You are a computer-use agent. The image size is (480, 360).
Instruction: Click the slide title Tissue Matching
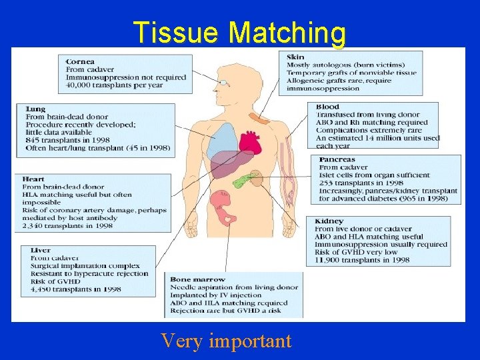tap(239, 31)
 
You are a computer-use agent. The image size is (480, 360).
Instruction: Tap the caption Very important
tap(226, 341)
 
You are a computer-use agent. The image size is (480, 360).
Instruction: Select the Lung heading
tap(35, 108)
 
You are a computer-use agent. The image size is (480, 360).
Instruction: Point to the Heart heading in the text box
tap(33, 179)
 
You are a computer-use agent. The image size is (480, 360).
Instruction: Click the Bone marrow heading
tap(197, 279)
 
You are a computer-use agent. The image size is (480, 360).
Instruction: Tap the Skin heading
tap(295, 56)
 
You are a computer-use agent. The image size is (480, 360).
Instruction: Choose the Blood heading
tap(327, 106)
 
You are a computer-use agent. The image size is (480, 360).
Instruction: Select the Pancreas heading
tap(337, 159)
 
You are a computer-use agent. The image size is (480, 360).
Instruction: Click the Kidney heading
tap(329, 221)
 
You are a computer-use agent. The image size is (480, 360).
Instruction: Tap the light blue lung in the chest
tap(216, 140)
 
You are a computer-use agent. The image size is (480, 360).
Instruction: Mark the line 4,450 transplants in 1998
tap(75, 289)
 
